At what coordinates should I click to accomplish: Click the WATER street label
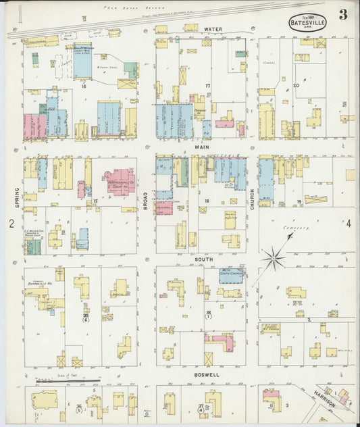click(x=213, y=30)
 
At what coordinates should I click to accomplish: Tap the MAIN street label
click(x=203, y=147)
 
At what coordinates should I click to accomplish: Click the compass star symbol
click(x=274, y=257)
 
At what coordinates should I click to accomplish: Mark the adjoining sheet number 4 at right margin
click(x=349, y=224)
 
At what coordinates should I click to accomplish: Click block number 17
click(x=208, y=86)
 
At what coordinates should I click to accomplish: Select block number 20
click(x=296, y=86)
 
